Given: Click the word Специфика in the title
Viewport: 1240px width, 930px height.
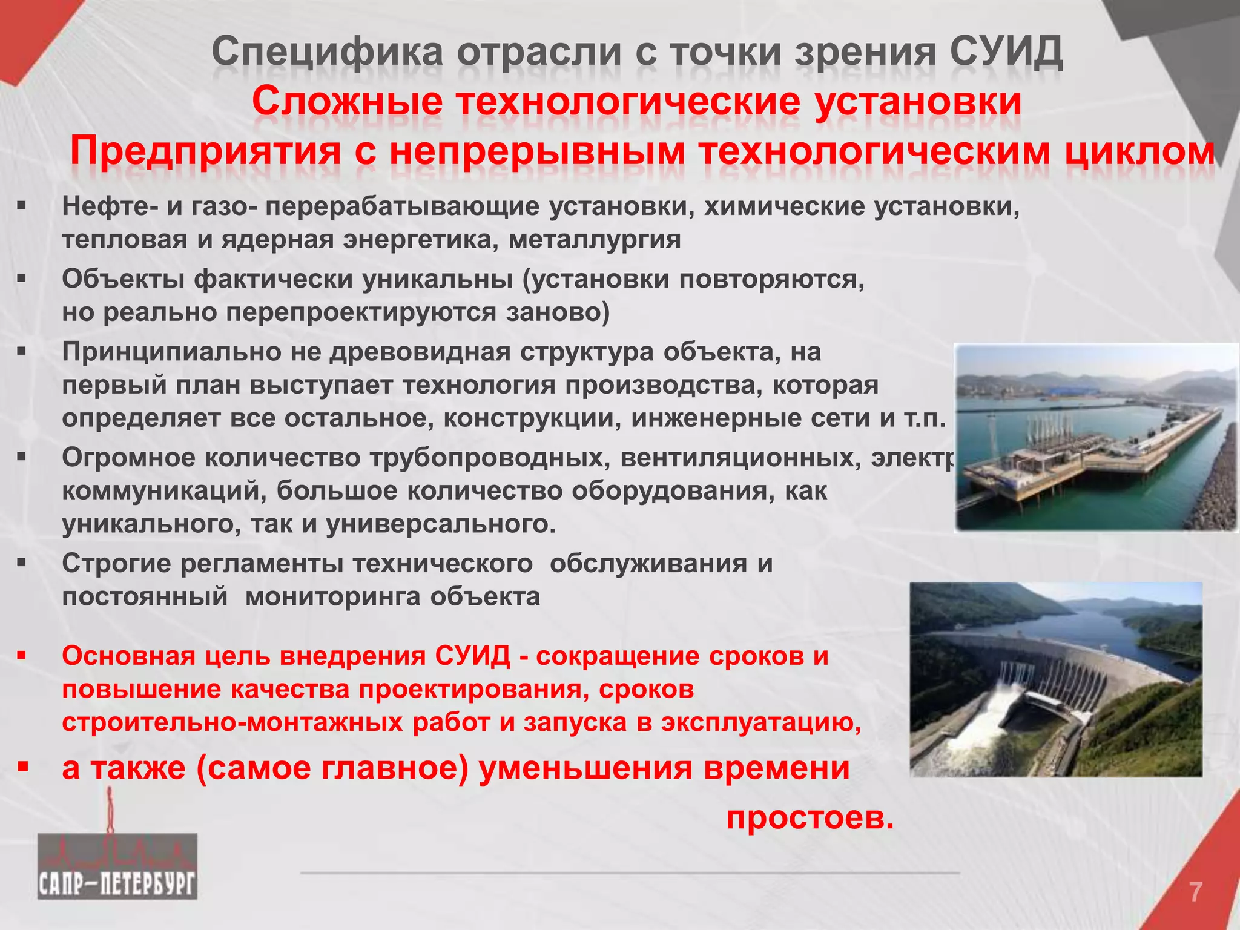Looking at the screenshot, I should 328,53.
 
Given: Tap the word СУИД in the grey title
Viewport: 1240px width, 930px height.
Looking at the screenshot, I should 1006,53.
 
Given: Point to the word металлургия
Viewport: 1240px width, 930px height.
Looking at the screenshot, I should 595,240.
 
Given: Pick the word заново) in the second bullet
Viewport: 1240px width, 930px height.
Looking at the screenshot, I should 558,312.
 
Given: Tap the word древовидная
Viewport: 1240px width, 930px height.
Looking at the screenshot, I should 420,352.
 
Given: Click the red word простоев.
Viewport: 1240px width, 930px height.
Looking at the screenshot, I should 810,819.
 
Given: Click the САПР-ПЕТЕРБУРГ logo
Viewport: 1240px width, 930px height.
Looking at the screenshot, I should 117,866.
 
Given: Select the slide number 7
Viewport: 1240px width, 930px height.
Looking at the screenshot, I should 1195,892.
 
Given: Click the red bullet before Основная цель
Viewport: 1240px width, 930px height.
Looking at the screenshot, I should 22,655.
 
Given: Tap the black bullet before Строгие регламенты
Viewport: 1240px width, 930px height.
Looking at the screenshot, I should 22,563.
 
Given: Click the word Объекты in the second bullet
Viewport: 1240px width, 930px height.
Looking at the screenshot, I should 123,280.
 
